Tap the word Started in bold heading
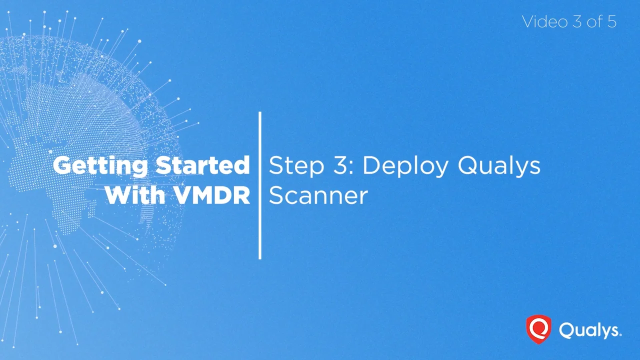(202, 165)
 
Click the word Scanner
(318, 195)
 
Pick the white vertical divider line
(260, 185)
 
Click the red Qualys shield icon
(538, 329)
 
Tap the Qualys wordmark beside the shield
(590, 330)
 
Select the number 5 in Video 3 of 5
(612, 21)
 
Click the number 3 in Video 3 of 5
(575, 21)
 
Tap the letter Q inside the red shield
(538, 328)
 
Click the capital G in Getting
(63, 165)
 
